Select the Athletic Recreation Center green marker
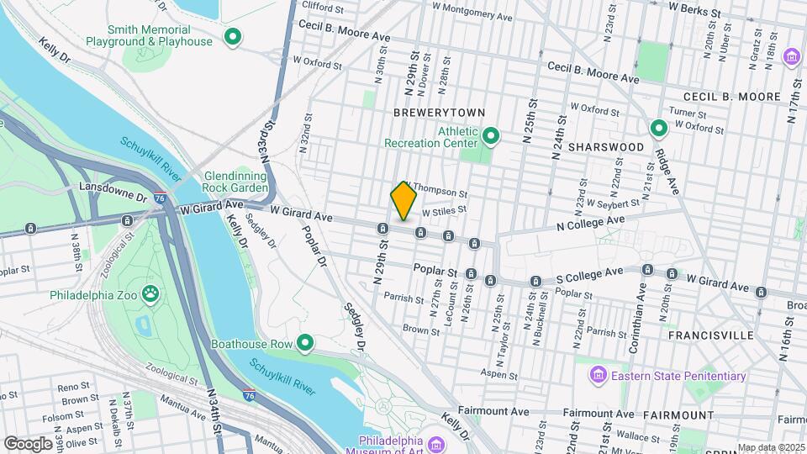pos(492,135)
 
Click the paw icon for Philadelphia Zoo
pos(151,294)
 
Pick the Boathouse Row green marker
pos(306,343)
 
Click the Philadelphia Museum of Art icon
pos(435,442)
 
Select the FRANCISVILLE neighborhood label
pos(710,335)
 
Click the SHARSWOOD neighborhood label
pos(605,147)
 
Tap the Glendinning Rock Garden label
pos(236,182)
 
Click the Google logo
pos(28,443)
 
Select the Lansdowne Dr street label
pos(107,185)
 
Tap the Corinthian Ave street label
pos(642,308)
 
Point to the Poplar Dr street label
pos(314,246)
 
